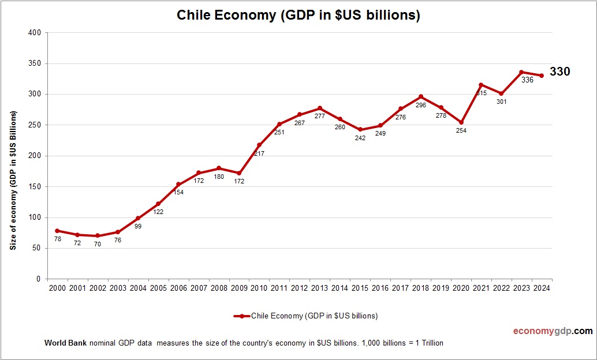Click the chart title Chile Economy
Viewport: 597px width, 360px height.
coord(298,16)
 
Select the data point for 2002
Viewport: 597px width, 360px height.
coord(98,235)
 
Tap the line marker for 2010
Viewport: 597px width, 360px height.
coord(259,145)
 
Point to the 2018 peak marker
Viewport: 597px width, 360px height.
coord(421,96)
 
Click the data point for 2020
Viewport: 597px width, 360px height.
coord(461,122)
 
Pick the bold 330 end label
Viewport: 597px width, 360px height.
coord(559,72)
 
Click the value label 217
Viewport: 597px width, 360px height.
coord(259,153)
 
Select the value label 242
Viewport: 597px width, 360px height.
coord(360,138)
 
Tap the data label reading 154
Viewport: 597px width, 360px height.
coord(178,192)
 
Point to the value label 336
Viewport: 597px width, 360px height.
coord(527,80)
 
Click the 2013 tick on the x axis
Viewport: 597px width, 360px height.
coord(320,288)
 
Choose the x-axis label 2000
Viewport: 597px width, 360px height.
coord(57,288)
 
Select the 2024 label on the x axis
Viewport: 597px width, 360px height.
coord(542,288)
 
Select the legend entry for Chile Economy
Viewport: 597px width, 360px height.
coord(306,316)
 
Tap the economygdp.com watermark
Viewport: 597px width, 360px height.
coord(553,331)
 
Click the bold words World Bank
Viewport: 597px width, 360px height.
coord(65,343)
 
